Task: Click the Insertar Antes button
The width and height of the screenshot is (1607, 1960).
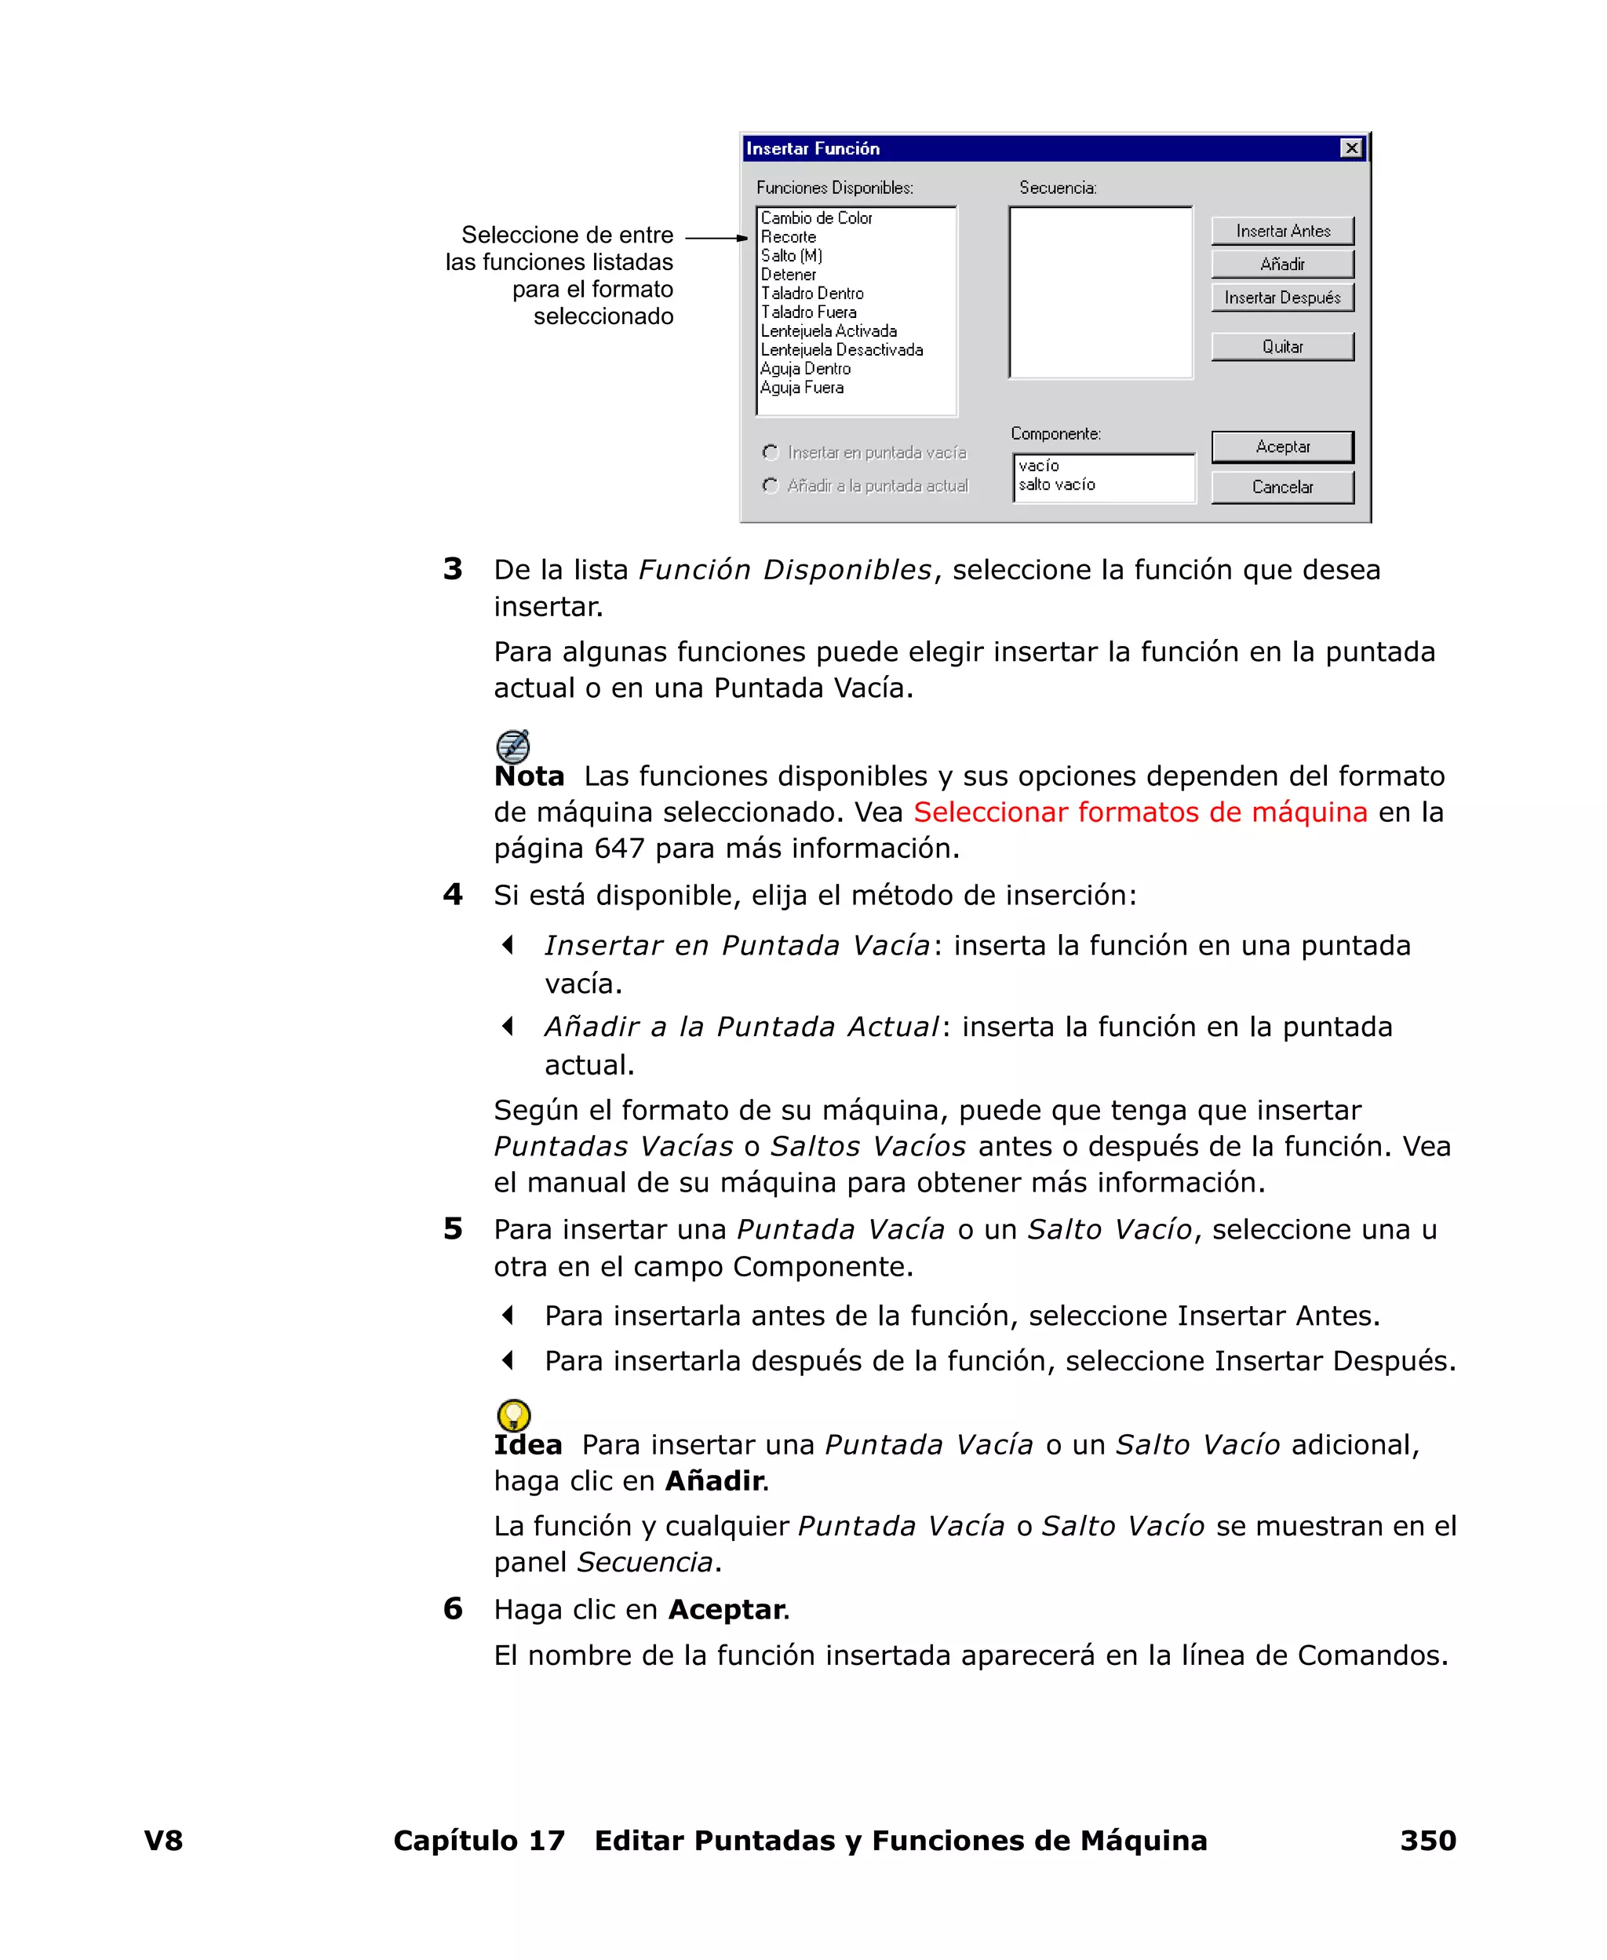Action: (x=1282, y=231)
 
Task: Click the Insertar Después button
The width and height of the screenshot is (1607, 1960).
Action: (x=1282, y=297)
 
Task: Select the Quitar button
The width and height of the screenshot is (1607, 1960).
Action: (x=1282, y=346)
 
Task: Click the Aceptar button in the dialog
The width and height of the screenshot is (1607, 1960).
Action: (x=1282, y=447)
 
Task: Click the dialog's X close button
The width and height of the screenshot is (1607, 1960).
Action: (x=1351, y=148)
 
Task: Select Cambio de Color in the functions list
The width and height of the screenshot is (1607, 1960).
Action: (x=817, y=218)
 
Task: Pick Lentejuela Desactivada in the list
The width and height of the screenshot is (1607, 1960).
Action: (x=841, y=350)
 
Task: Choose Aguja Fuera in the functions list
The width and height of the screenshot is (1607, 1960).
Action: (x=802, y=388)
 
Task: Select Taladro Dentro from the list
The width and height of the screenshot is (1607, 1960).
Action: (x=812, y=294)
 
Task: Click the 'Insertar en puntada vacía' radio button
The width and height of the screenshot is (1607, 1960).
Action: (x=771, y=453)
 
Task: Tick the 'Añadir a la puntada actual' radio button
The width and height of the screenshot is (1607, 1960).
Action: (x=771, y=485)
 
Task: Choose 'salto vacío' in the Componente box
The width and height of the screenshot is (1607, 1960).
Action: (x=1056, y=484)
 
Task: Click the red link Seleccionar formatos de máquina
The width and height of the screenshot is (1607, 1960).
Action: (x=1139, y=812)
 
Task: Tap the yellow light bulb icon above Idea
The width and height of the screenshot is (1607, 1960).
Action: (x=514, y=1414)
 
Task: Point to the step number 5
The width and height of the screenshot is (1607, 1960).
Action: (x=453, y=1228)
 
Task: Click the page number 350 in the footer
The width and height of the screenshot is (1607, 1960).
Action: (x=1427, y=1840)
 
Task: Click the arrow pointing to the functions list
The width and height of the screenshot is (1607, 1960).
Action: (x=716, y=238)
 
